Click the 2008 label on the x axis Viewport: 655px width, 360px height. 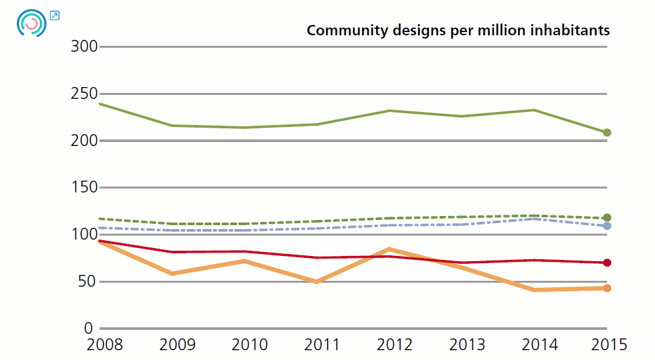tap(104, 344)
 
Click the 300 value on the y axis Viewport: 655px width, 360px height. tap(85, 47)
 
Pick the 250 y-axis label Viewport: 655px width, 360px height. tap(85, 94)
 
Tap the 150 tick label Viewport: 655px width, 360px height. tap(85, 188)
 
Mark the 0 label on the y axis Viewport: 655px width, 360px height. tap(93, 329)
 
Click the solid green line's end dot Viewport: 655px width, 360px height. tap(607, 133)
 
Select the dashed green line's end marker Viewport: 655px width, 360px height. tap(607, 217)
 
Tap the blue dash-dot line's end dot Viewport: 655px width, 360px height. tap(607, 226)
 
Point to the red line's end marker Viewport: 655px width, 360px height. tap(607, 263)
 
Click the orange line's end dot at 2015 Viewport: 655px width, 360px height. tap(607, 288)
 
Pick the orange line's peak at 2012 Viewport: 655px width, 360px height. tap(390, 249)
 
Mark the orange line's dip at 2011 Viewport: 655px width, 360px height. tap(317, 281)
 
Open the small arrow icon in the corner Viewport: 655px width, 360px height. tap(54, 15)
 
